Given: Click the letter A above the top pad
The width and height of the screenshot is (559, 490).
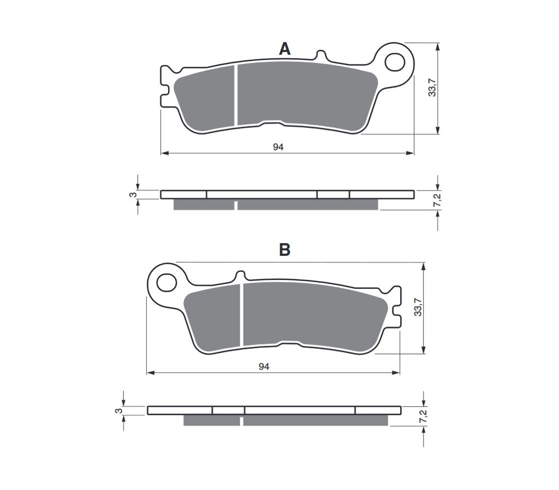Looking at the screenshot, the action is [x=284, y=49].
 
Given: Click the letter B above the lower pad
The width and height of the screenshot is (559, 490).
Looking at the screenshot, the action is [x=284, y=250].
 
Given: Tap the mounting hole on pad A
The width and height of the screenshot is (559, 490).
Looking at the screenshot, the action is [x=395, y=62].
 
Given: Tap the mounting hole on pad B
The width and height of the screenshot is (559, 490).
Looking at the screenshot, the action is [x=166, y=283].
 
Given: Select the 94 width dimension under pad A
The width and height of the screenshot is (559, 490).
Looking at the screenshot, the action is [x=278, y=147].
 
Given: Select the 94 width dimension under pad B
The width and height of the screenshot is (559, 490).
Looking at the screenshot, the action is [x=264, y=366].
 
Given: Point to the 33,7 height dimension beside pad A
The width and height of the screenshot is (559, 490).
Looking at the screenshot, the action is [x=432, y=87].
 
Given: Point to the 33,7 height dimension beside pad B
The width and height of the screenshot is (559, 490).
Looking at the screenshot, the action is [x=418, y=307].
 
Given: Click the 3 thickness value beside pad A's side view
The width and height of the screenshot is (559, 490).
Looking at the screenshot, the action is [x=133, y=195].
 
